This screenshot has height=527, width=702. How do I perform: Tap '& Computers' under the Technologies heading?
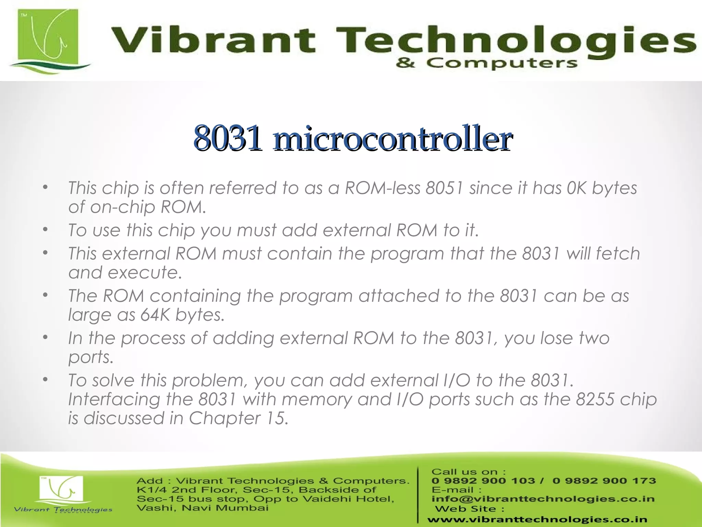point(486,64)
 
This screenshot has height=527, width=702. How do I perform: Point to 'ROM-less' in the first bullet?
point(382,188)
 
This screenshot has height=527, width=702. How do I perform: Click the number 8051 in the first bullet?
point(444,188)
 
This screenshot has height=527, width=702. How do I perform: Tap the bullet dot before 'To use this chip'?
point(45,230)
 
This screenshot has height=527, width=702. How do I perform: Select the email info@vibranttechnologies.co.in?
point(543,499)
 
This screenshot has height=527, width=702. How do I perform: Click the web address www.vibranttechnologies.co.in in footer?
point(537,519)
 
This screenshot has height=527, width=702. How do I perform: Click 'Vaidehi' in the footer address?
point(341,499)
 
